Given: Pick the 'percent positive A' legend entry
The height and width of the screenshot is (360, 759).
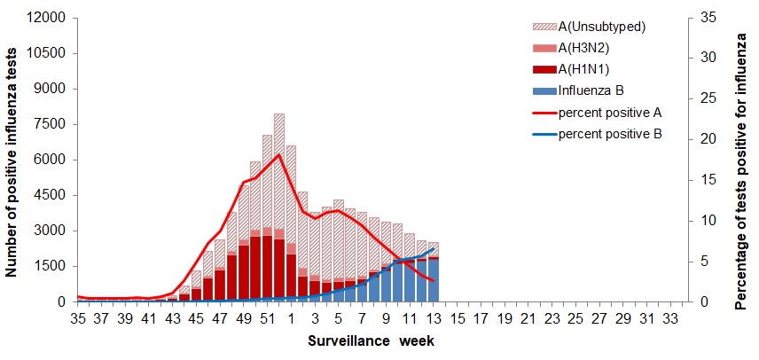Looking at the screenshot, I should click(610, 113).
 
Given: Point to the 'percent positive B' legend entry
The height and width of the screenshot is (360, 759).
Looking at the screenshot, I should click(610, 135).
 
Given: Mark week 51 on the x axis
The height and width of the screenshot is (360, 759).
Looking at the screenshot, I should click(267, 317).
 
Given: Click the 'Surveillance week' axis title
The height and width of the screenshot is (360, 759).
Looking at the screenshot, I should click(371, 340).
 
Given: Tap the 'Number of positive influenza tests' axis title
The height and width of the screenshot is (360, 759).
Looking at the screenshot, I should click(14, 160).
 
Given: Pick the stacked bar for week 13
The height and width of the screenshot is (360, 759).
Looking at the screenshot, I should click(433, 271).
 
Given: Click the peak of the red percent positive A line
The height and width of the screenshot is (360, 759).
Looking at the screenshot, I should click(279, 154).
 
